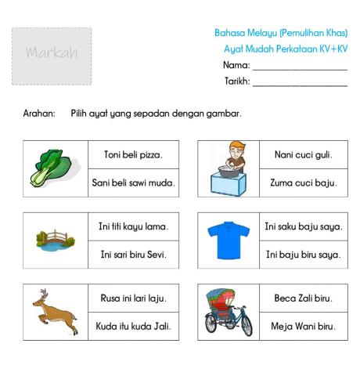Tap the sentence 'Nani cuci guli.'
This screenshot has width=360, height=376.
click(303, 155)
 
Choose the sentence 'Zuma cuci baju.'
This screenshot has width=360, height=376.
click(303, 183)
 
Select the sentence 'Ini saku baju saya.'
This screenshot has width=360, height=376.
click(303, 227)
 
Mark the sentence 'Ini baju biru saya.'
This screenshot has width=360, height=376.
click(303, 255)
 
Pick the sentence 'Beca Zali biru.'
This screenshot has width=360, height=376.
click(303, 298)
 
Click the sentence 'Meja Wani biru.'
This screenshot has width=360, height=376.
click(303, 326)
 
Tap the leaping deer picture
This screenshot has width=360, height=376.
click(55, 311)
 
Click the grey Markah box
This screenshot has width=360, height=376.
click(52, 56)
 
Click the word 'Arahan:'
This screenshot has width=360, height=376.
click(39, 114)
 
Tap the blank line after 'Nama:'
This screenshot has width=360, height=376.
click(300, 68)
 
